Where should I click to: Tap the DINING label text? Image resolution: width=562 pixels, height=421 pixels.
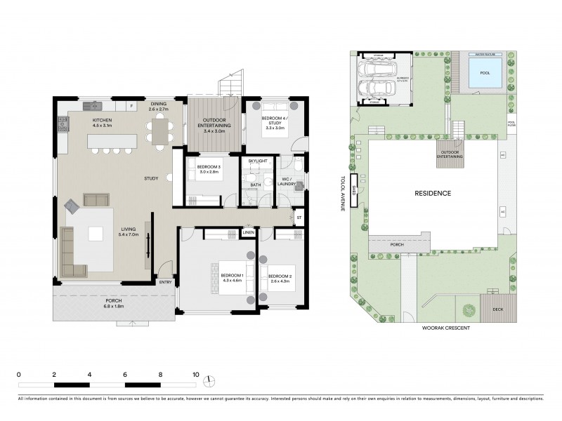(x=158, y=105)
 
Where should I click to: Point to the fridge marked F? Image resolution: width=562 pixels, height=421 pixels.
(x=131, y=107)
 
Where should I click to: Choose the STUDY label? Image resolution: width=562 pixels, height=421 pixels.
(x=151, y=178)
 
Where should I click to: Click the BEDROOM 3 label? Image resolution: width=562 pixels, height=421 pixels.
(x=210, y=168)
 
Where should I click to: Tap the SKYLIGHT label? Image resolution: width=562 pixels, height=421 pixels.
(x=258, y=161)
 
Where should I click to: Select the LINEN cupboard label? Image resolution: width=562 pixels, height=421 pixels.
(x=249, y=232)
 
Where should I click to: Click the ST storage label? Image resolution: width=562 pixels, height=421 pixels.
(x=299, y=218)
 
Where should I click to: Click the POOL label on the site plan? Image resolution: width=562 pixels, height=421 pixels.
(x=485, y=73)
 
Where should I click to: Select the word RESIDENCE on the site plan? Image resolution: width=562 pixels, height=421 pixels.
(x=432, y=193)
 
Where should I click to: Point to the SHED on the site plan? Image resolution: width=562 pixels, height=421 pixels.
(x=355, y=192)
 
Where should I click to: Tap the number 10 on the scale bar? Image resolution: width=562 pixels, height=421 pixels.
(x=195, y=375)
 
